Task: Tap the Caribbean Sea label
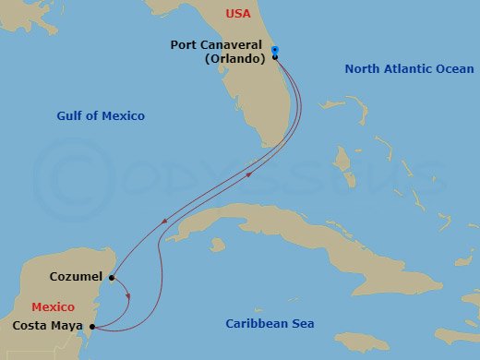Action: pyautogui.click(x=270, y=323)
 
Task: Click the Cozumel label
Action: pyautogui.click(x=78, y=276)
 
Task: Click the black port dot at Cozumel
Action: pyautogui.click(x=111, y=277)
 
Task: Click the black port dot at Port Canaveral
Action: pyautogui.click(x=275, y=57)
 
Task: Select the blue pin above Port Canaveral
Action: pyautogui.click(x=275, y=50)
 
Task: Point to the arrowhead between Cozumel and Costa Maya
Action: pyautogui.click(x=127, y=296)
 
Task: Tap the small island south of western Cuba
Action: pyautogui.click(x=218, y=246)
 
